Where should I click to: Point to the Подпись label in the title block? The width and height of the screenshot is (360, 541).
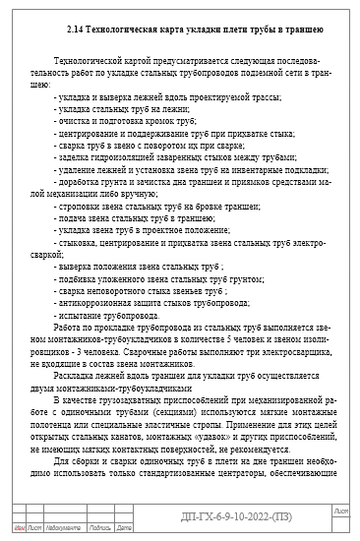[98, 529]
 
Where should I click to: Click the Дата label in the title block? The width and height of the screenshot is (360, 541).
[124, 529]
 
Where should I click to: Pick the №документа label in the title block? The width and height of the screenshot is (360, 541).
[62, 529]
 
